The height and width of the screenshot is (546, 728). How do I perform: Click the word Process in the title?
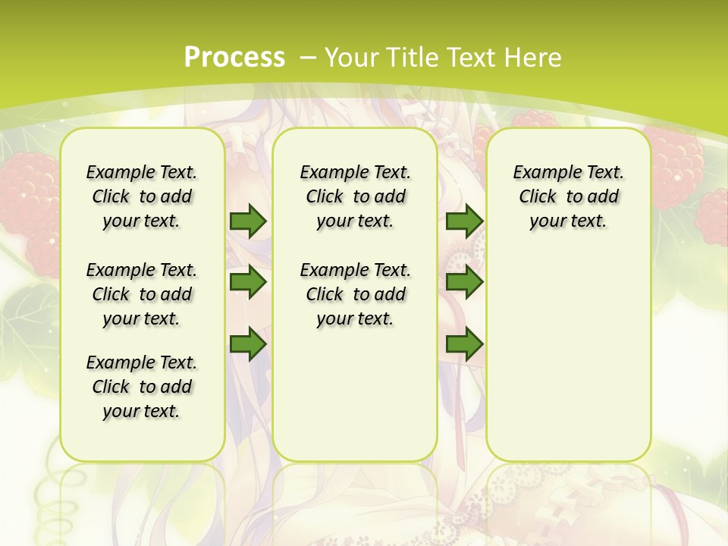pos(234,57)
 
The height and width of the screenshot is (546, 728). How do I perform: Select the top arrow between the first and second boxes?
pos(248,221)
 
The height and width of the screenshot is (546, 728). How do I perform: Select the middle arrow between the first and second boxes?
pos(248,283)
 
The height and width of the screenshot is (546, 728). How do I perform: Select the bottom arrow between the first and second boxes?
pos(248,345)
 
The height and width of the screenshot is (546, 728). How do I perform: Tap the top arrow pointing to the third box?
pos(464,221)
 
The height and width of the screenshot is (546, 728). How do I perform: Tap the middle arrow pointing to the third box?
pos(464,283)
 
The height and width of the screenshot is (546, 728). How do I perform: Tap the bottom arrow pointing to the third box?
pos(464,345)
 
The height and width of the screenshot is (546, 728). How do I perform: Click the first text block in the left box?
pos(142,196)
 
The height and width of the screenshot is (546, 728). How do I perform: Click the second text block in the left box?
pos(142,294)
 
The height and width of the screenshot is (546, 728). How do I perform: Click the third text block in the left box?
pos(142,387)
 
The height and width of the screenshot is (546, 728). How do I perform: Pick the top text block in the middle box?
pos(355,196)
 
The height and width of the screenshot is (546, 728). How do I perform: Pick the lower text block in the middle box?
pos(355,294)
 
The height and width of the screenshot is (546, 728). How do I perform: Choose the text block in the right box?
pos(569,196)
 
